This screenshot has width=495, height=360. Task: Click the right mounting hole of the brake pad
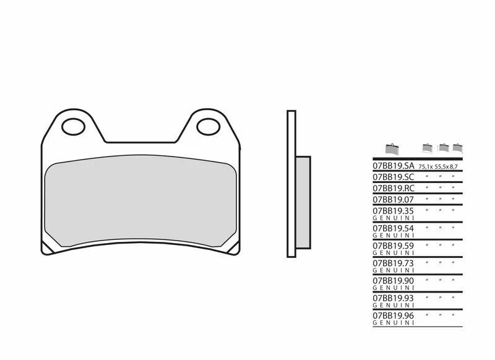pyautogui.click(x=209, y=127)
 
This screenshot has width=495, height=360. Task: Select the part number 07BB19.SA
pyautogui.click(x=393, y=166)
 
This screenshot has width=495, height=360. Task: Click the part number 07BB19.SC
pyautogui.click(x=393, y=177)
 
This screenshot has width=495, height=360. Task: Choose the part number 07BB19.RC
pyautogui.click(x=393, y=188)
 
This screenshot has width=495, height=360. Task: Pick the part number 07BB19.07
pyautogui.click(x=393, y=200)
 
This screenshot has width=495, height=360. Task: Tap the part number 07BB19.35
pyautogui.click(x=393, y=211)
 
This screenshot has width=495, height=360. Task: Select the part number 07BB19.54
pyautogui.click(x=393, y=228)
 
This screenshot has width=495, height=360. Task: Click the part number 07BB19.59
pyautogui.click(x=393, y=246)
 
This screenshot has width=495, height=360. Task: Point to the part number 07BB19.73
pyautogui.click(x=393, y=263)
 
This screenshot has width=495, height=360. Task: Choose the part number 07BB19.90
pyautogui.click(x=393, y=280)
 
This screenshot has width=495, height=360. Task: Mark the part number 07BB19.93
pyautogui.click(x=393, y=298)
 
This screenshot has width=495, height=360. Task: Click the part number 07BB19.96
pyautogui.click(x=393, y=315)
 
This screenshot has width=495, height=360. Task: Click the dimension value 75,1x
pyautogui.click(x=426, y=167)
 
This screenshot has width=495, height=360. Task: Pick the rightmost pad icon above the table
pyautogui.click(x=457, y=147)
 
